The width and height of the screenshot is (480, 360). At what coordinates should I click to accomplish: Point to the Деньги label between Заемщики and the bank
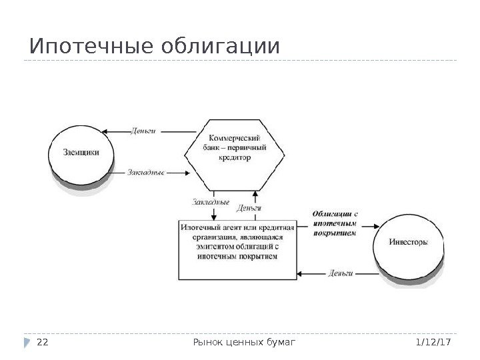pos(143,131)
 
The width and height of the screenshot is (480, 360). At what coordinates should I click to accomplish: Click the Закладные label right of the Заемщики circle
pos(145,172)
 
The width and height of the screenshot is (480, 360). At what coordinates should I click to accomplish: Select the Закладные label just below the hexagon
pos(210,201)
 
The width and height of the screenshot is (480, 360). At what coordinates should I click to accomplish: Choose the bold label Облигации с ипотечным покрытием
pos(335,223)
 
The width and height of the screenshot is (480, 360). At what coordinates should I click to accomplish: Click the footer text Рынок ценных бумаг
pos(243,342)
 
